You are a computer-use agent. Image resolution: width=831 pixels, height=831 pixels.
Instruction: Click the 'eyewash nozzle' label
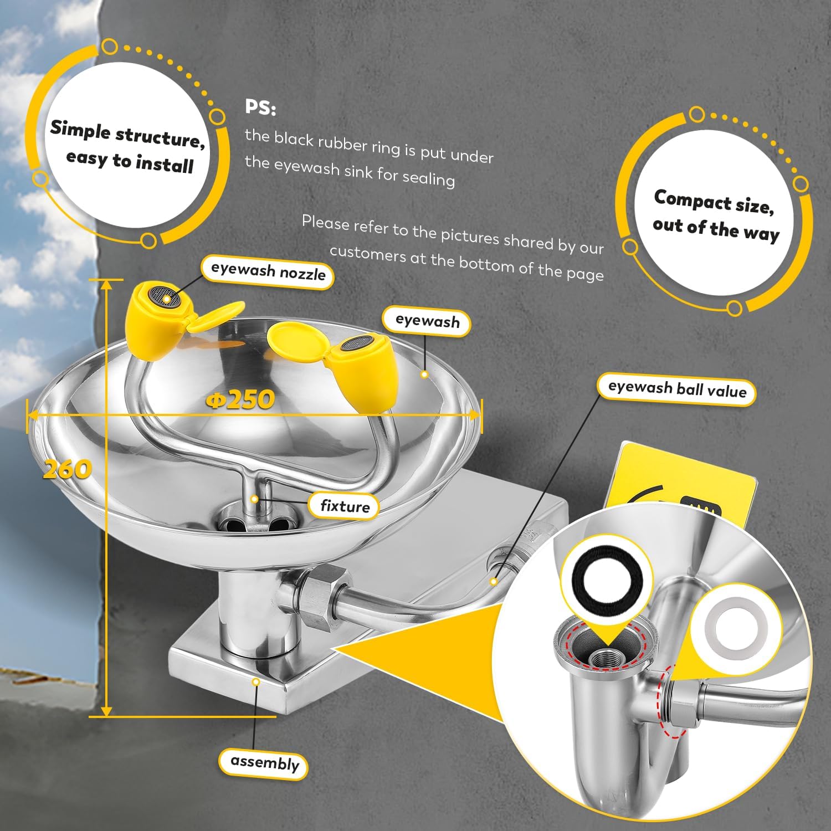[x=268, y=272]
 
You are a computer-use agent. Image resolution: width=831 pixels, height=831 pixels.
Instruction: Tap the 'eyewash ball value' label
[x=676, y=389]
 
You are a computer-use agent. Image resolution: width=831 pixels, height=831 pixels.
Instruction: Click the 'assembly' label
[x=264, y=763]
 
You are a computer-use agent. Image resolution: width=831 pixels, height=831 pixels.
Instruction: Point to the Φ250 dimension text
[x=240, y=399]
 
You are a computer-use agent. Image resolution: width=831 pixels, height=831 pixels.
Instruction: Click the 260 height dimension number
[x=67, y=469]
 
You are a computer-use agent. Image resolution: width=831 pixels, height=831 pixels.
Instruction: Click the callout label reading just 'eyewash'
[x=427, y=321]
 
